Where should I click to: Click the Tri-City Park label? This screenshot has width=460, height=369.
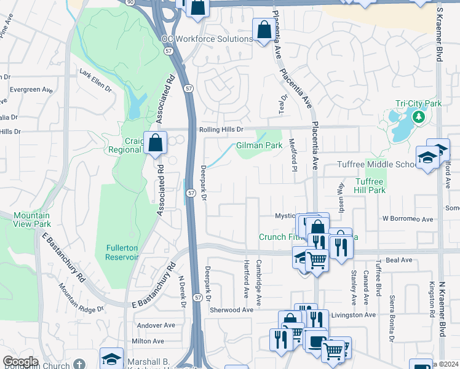[418, 104]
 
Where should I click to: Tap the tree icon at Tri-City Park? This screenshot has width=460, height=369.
[419, 116]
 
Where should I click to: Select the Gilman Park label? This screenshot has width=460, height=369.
[259, 146]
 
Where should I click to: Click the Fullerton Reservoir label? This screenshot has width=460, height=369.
[122, 252]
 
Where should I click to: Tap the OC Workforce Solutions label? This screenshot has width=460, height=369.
[207, 39]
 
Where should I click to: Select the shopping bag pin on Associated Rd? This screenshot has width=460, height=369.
[156, 143]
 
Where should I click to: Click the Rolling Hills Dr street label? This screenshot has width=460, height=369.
[221, 130]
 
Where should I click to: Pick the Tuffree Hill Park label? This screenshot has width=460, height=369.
[370, 186]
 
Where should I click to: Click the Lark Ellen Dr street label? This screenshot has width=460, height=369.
[96, 81]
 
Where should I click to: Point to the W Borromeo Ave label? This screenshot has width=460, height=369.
[408, 218]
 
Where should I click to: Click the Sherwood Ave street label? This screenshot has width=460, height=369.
[232, 310]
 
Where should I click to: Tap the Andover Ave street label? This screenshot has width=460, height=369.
[151, 325]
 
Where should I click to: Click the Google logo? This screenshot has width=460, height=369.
[20, 361]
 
